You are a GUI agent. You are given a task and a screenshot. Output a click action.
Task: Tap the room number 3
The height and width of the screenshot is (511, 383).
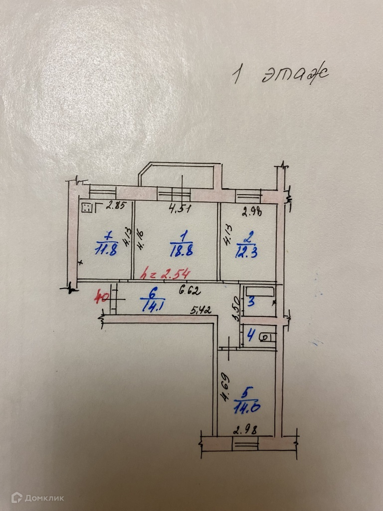[251, 301]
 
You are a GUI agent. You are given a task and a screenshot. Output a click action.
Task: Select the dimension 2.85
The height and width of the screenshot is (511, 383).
[118, 205]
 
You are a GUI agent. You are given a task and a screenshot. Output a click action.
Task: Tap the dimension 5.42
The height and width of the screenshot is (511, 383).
[201, 311]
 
